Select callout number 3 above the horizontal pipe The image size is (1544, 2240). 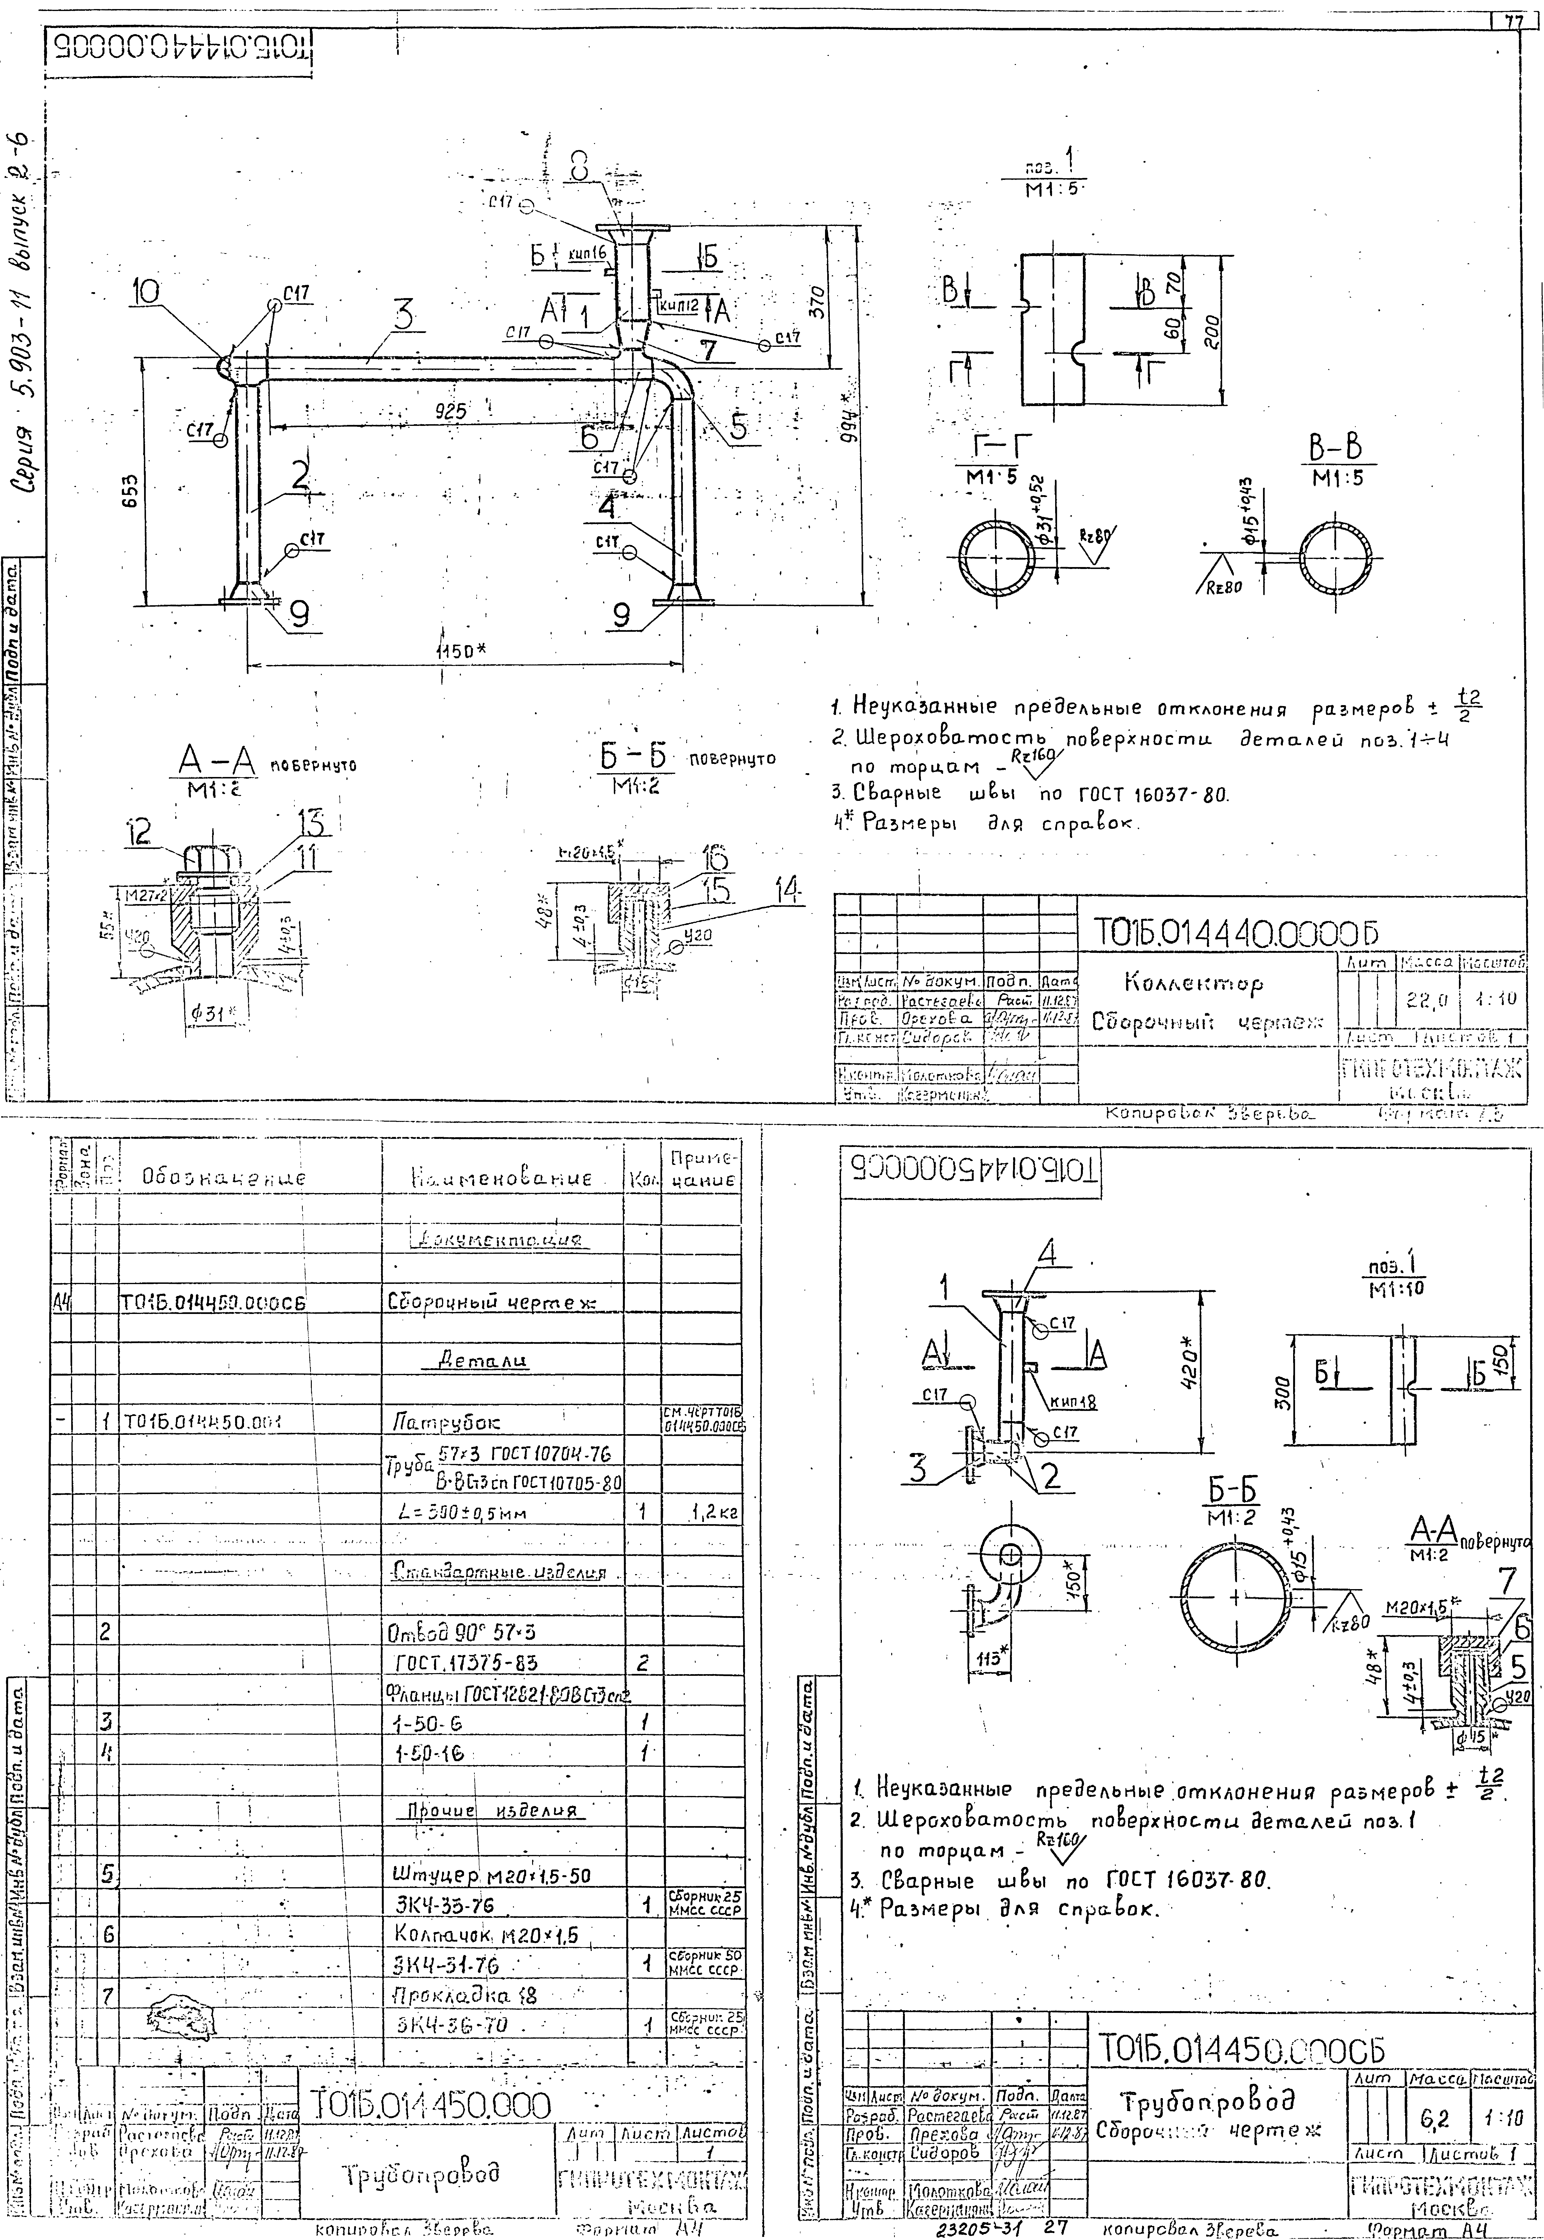[403, 315]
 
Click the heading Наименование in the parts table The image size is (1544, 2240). [501, 1178]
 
